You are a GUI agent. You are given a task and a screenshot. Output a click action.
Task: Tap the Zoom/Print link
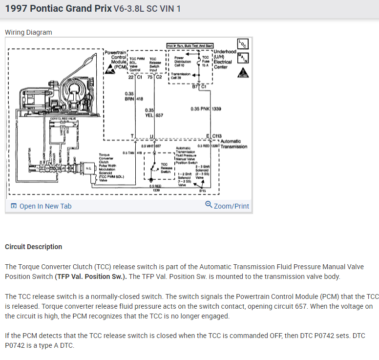point(228,206)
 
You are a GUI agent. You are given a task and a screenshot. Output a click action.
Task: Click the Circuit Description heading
point(34,247)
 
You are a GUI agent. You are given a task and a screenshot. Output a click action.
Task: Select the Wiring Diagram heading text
point(28,32)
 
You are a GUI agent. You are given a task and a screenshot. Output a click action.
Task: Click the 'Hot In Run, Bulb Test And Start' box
point(189,45)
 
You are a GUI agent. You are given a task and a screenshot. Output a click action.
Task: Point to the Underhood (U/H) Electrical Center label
point(225,59)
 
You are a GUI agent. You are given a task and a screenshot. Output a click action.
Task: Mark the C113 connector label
point(217,136)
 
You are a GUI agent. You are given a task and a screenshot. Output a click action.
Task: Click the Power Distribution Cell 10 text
point(183,61)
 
